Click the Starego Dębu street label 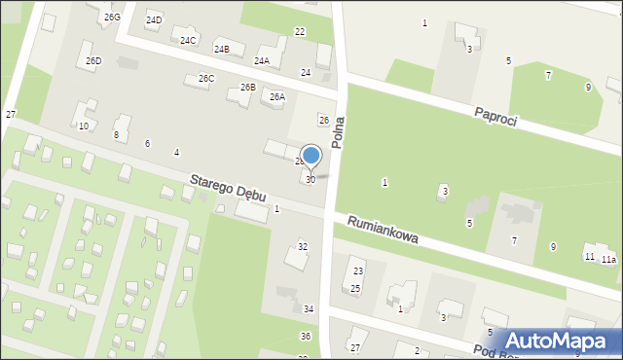tap(228, 188)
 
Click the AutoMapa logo tap(564, 341)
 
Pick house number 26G tap(112, 18)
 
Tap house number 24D tap(154, 19)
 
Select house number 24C tap(188, 40)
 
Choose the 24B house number tap(221, 49)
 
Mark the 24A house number tap(261, 60)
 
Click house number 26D tap(93, 60)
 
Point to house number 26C tap(205, 78)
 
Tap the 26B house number tap(247, 88)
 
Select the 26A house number tap(277, 96)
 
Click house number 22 tap(300, 32)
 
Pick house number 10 tap(84, 126)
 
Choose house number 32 tap(303, 247)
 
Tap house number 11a tap(608, 259)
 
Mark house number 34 tap(309, 308)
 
